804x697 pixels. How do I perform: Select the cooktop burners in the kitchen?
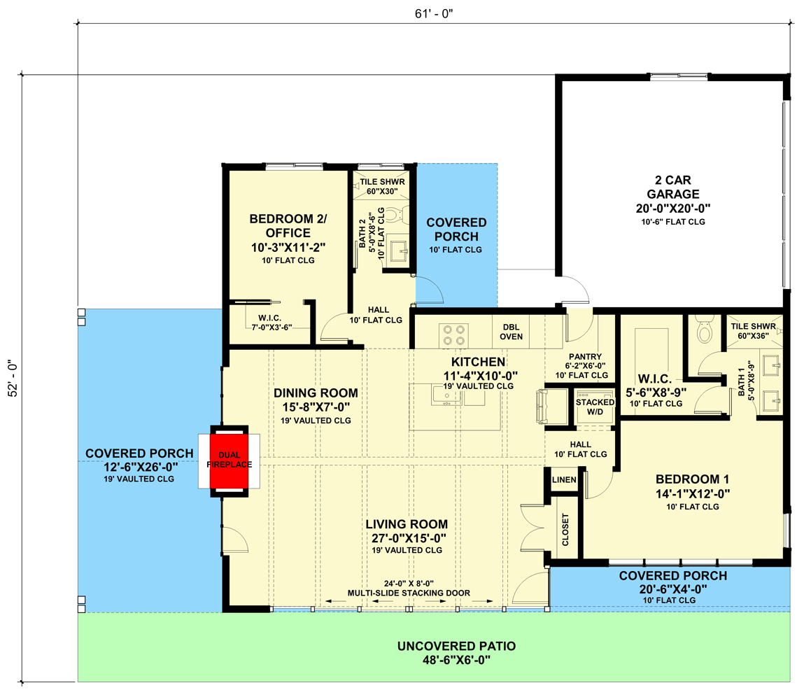tap(452, 335)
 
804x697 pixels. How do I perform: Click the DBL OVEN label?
tap(511, 331)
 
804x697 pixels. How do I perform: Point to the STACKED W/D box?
tap(593, 407)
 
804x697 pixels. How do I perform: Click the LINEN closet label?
tap(563, 480)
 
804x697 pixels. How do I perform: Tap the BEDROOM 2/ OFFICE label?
tap(288, 226)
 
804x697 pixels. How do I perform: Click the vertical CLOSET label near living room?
tap(565, 531)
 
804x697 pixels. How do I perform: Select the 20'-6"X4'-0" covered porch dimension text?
tap(672, 589)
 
